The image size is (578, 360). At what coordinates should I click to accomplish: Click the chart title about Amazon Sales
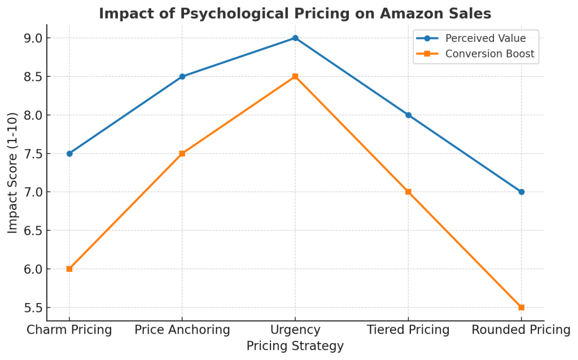click(295, 13)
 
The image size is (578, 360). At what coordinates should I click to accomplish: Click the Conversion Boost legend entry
click(489, 54)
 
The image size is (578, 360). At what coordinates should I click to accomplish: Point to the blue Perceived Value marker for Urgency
click(295, 38)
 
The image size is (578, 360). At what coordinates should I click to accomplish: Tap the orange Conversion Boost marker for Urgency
click(295, 76)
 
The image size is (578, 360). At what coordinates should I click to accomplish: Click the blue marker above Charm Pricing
click(69, 153)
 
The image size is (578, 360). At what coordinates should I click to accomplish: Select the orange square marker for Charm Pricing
click(69, 269)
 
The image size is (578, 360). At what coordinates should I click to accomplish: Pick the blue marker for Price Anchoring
click(182, 76)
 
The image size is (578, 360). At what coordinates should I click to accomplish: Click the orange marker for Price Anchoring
click(182, 153)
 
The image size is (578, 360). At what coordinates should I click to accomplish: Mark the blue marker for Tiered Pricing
click(408, 115)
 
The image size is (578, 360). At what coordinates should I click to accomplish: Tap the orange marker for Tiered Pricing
click(408, 192)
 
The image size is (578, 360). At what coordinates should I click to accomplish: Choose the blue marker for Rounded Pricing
click(521, 192)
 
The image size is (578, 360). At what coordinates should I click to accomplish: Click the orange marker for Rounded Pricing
click(521, 308)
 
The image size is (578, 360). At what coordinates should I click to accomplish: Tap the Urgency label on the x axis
click(295, 330)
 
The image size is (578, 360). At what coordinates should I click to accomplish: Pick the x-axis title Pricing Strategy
click(295, 346)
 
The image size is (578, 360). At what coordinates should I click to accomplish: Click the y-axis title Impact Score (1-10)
click(12, 173)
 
